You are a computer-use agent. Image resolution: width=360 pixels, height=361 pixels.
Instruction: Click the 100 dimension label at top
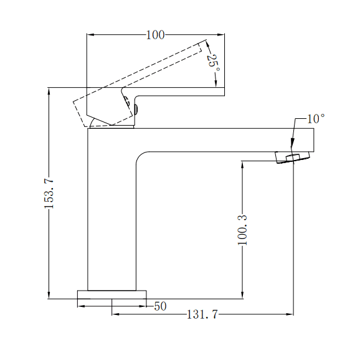tap(155, 35)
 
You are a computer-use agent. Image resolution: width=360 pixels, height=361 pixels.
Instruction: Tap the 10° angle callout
tap(316, 118)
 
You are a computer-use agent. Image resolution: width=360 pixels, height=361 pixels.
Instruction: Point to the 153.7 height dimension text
tap(50, 193)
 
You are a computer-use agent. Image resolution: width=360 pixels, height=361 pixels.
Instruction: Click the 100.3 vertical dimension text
tap(243, 230)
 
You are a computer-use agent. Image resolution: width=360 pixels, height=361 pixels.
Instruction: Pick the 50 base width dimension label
tap(160, 306)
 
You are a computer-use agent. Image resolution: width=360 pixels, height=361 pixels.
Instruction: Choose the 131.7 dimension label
tap(202, 315)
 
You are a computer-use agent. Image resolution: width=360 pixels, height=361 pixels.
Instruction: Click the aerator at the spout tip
tap(291, 157)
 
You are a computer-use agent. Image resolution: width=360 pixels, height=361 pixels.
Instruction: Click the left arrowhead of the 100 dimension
tap(90, 35)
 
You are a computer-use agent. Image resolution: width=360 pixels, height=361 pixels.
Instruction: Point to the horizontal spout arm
tap(224, 139)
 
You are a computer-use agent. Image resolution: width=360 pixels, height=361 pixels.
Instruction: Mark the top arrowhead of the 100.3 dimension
tap(242, 165)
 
